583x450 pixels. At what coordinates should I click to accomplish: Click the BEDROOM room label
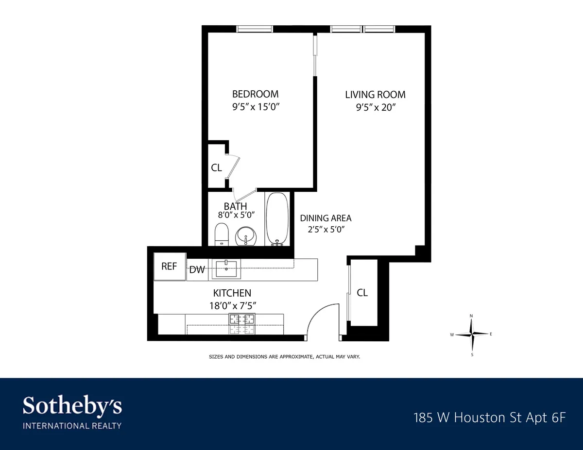[x=255, y=94]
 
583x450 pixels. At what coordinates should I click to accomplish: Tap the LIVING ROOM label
[x=375, y=95]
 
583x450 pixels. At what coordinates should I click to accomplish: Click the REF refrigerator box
[x=170, y=266]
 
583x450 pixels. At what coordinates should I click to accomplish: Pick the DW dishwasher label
[x=197, y=270]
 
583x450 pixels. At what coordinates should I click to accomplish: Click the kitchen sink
[x=227, y=268]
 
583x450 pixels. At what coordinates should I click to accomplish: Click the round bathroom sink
[x=246, y=236]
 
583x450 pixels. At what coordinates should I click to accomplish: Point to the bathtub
[x=277, y=219]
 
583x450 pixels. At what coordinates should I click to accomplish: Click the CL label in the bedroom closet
[x=216, y=168]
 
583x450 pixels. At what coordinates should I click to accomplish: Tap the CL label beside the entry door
[x=362, y=293]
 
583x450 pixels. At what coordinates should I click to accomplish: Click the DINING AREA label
[x=326, y=218]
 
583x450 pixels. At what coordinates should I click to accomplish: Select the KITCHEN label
[x=232, y=293]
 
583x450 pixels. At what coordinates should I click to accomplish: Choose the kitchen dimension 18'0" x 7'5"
[x=232, y=305]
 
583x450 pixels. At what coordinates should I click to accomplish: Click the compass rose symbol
[x=471, y=334]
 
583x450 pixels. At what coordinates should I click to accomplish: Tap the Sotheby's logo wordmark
[x=72, y=406]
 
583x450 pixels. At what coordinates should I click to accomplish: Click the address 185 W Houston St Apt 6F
[x=489, y=417]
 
